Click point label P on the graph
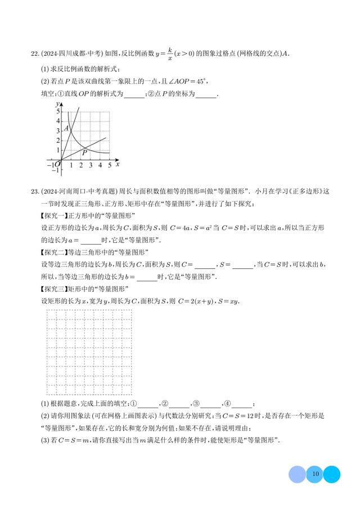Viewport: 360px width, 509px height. click(x=84, y=152)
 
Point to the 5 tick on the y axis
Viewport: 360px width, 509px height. click(x=57, y=112)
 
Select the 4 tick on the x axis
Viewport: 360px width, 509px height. click(x=100, y=165)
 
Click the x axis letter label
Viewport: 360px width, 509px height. click(x=117, y=164)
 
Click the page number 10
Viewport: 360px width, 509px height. click(x=315, y=474)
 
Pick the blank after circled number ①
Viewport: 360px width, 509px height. click(x=148, y=404)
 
